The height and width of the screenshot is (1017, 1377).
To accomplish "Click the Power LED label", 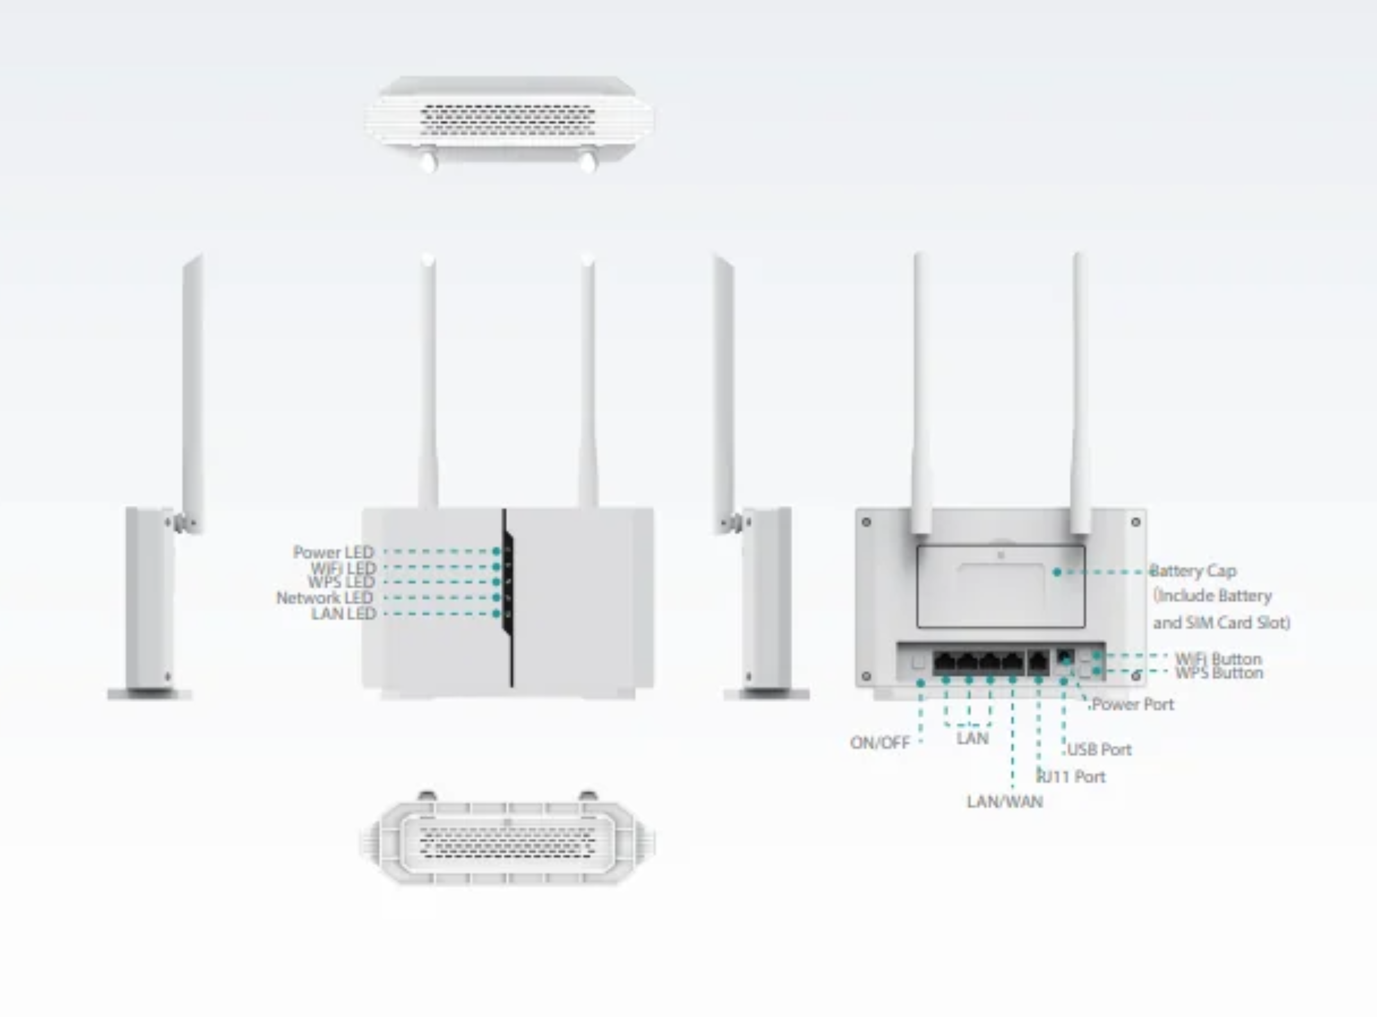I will point(333,552).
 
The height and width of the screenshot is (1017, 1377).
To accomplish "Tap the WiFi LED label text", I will point(343,568).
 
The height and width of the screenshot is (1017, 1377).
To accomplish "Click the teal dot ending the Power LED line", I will point(496,552).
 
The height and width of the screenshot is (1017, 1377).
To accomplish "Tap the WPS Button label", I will point(1219,673).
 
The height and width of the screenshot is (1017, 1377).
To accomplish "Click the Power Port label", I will point(1133,704).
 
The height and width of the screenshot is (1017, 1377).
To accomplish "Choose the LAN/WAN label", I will point(1005,801).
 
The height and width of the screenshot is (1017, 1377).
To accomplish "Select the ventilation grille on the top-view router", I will point(508,120).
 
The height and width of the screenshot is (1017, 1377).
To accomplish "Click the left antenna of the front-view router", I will point(429,382).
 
